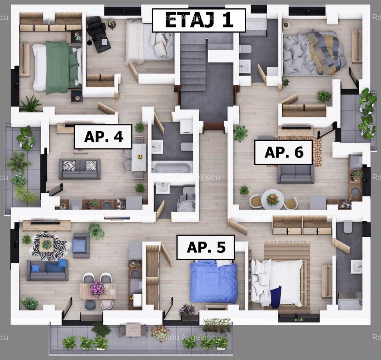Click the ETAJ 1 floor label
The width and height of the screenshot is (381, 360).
(x=199, y=20)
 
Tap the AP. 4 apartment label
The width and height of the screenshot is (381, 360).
(x=103, y=136)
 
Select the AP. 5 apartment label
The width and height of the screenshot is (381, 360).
(x=205, y=247)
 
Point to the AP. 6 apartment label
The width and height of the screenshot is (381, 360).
(x=283, y=152)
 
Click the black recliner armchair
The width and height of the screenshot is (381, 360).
(x=97, y=34)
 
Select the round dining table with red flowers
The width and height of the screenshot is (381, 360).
(x=273, y=199)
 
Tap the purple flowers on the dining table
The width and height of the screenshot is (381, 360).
(x=98, y=288)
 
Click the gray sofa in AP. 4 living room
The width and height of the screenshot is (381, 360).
(x=80, y=169)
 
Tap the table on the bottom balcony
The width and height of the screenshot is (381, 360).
(x=133, y=330)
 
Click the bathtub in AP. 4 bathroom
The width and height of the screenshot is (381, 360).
(x=172, y=166)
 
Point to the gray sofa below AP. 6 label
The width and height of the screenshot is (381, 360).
(x=296, y=173)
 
